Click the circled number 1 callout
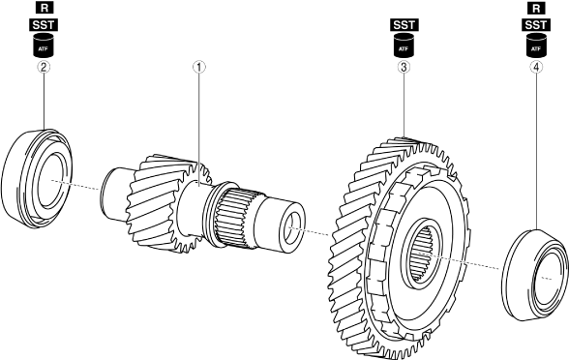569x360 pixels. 199,67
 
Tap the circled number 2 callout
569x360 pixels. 44,67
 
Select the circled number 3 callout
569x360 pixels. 404,67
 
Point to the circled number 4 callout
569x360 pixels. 536,67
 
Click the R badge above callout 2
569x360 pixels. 44,8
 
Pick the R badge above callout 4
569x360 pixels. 536,8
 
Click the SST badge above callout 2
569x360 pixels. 44,25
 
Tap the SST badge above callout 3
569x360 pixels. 404,25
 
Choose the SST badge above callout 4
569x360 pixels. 536,25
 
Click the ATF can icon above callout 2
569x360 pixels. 44,45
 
